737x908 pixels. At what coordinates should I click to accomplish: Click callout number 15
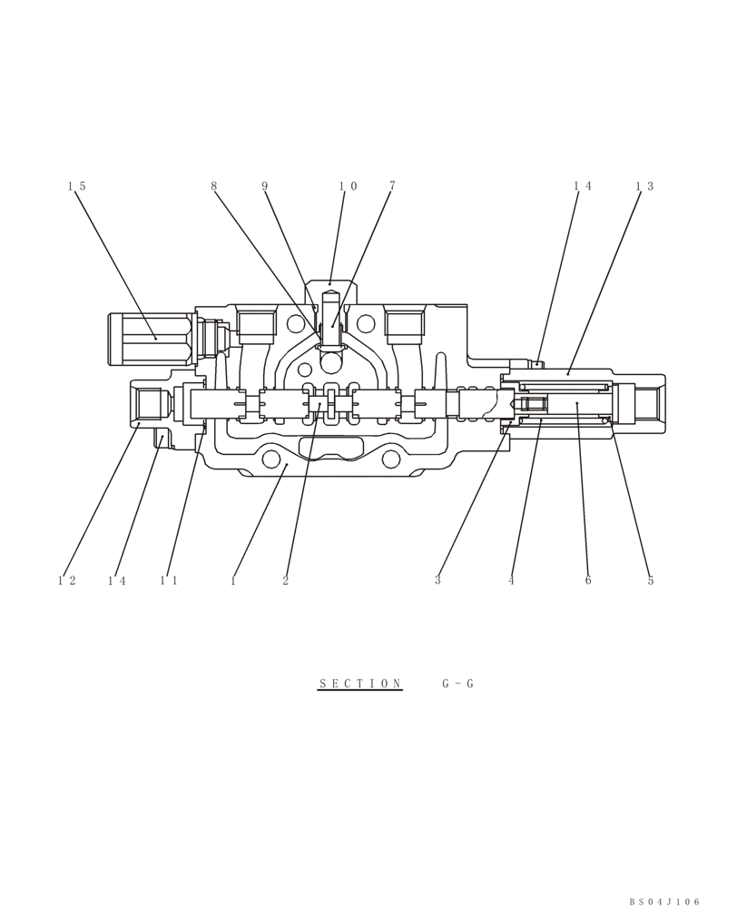[x=76, y=186]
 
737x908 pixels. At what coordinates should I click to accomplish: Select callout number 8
[x=214, y=186]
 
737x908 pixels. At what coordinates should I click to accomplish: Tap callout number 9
[x=265, y=186]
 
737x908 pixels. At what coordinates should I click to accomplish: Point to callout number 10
[x=348, y=186]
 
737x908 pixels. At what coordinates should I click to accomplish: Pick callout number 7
[x=392, y=186]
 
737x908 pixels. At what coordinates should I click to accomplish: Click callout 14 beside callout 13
[x=582, y=186]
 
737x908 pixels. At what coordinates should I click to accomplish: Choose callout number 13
[x=644, y=186]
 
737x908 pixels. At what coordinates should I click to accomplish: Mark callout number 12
[x=66, y=581]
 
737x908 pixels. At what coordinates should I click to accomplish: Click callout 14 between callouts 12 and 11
[x=117, y=581]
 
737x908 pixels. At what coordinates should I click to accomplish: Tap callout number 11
[x=169, y=581]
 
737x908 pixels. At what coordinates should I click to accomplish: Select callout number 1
[x=233, y=581]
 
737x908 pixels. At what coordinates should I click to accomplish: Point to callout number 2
[x=285, y=581]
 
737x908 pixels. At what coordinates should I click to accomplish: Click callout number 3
[x=437, y=581]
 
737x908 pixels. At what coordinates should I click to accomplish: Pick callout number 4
[x=512, y=581]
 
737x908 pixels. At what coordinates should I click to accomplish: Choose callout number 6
[x=588, y=581]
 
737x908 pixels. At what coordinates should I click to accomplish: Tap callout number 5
[x=651, y=581]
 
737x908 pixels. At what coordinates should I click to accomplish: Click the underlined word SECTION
[x=360, y=684]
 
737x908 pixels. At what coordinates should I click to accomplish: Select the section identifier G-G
[x=458, y=684]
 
